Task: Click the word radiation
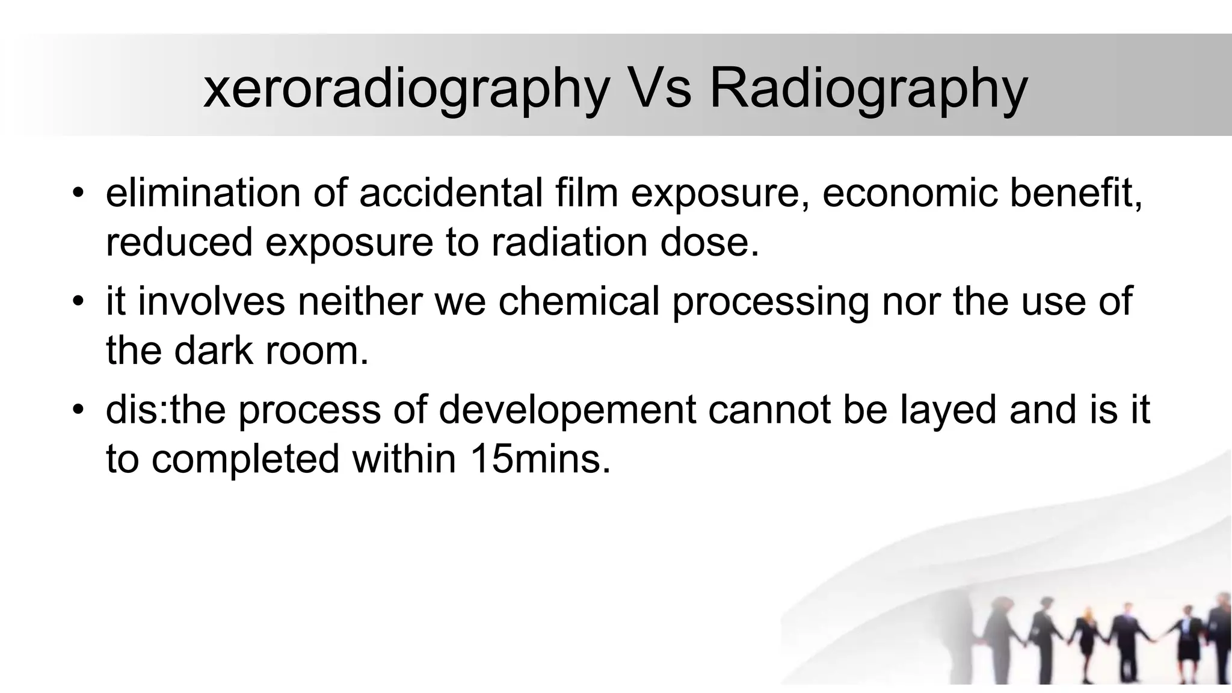tap(571, 242)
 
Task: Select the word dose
tap(710, 242)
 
